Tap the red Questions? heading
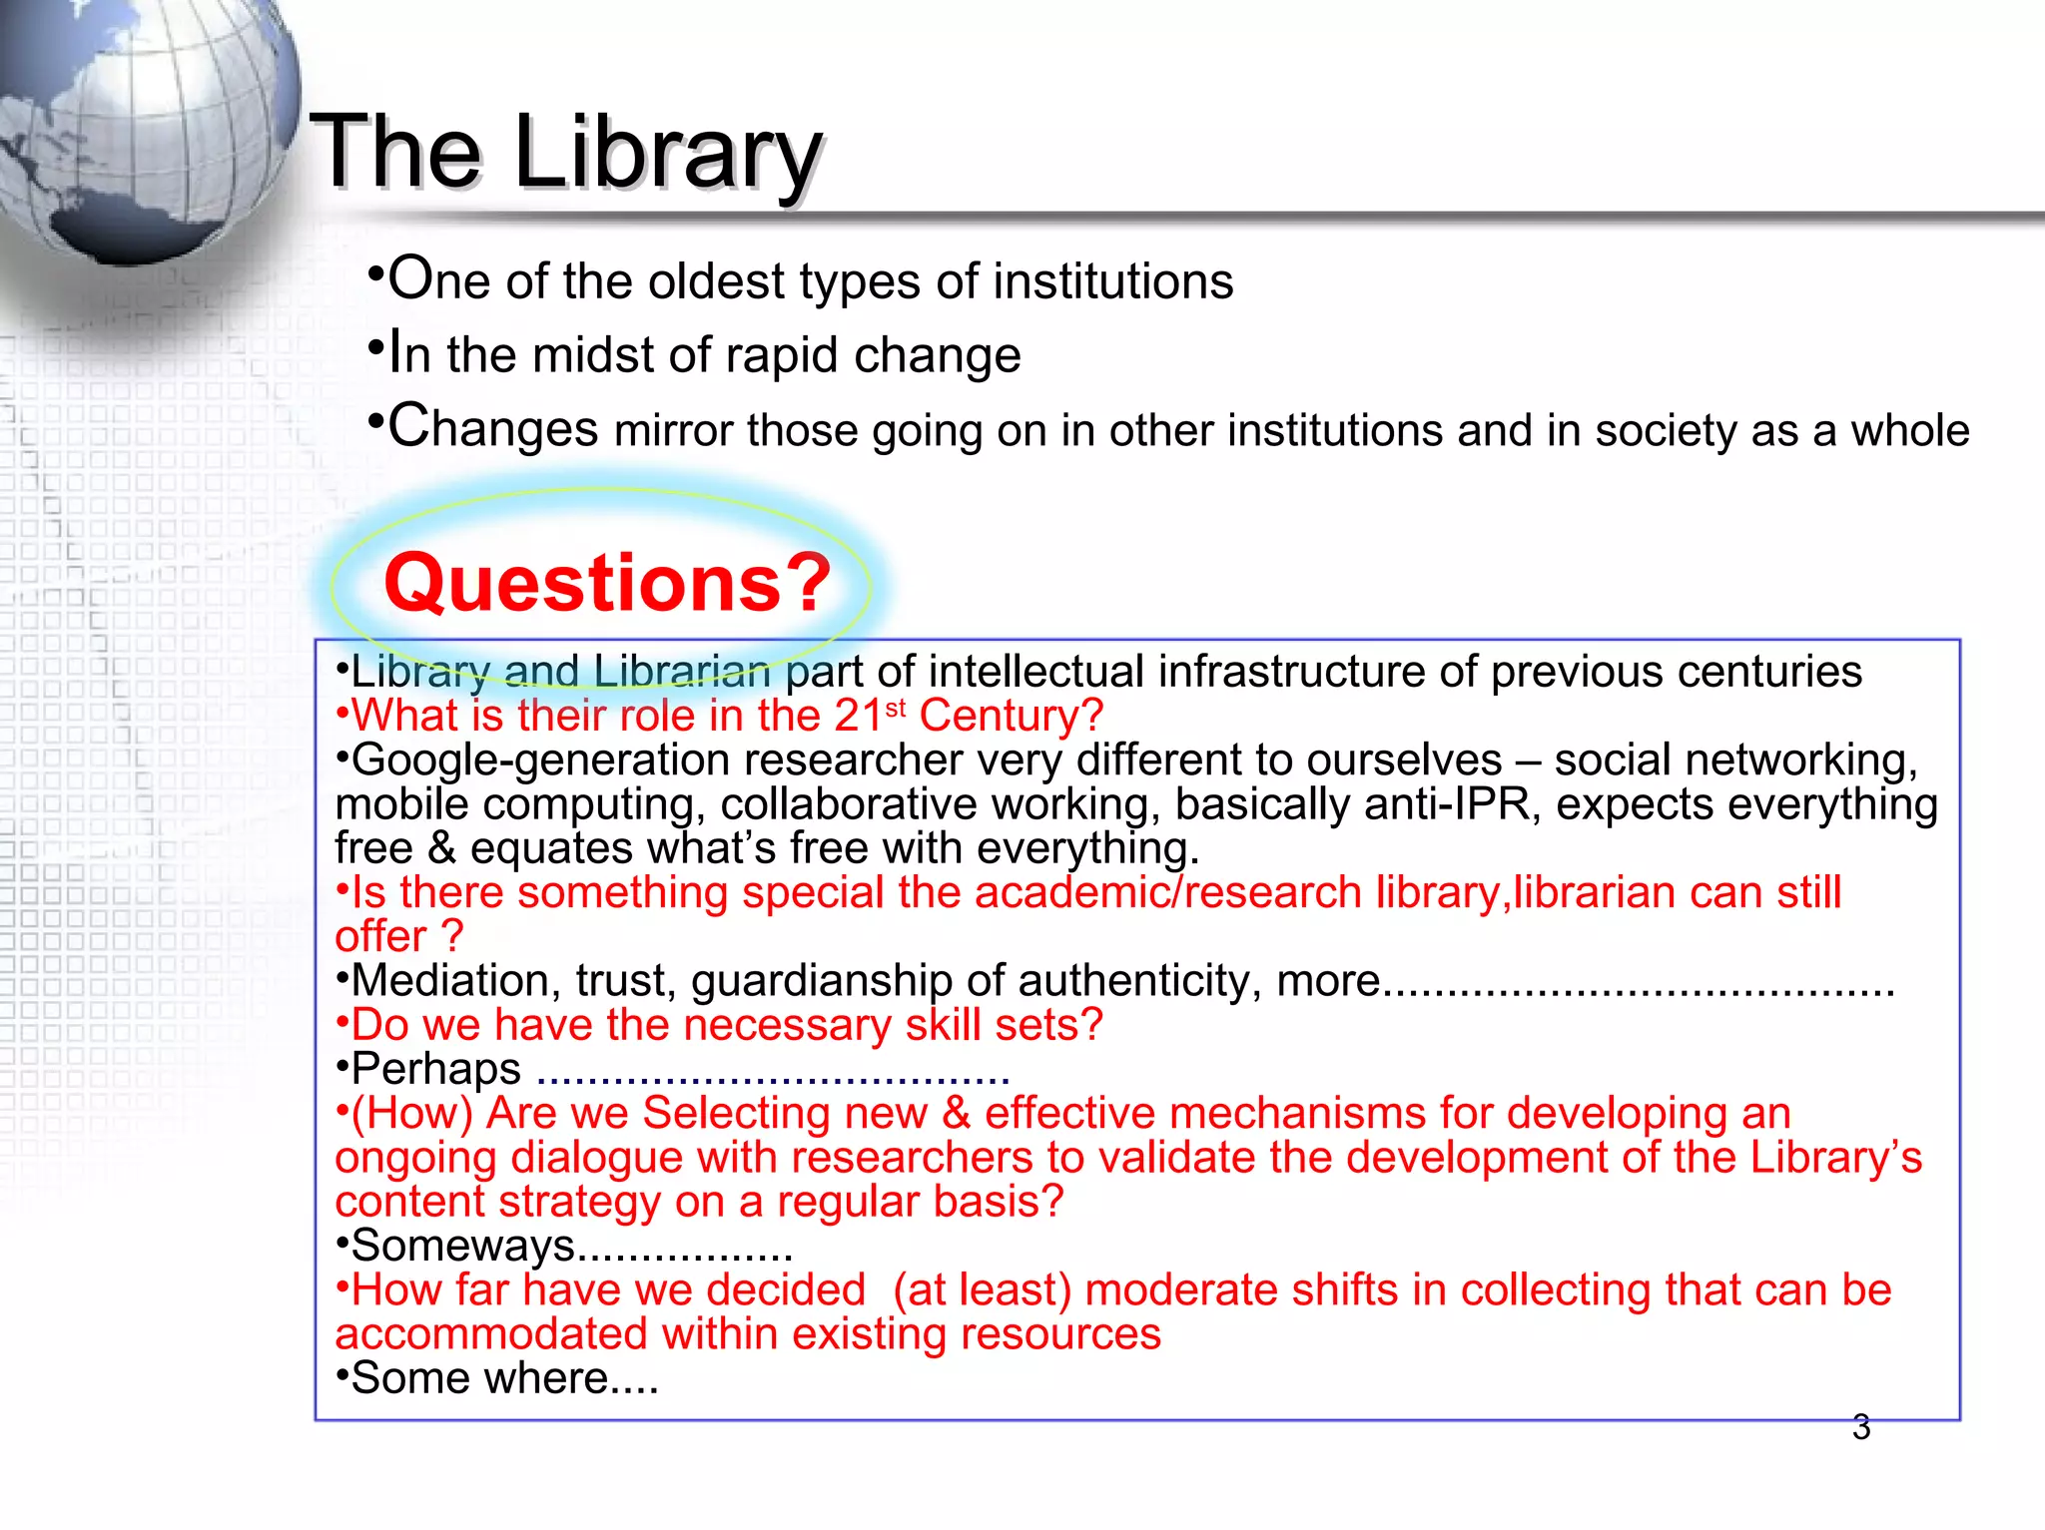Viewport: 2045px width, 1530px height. (607, 583)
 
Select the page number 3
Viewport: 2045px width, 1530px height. (1860, 1427)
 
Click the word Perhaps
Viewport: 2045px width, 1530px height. (435, 1069)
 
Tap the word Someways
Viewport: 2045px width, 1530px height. (463, 1246)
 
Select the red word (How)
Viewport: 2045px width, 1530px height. (411, 1113)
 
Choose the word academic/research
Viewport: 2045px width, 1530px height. (1168, 892)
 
